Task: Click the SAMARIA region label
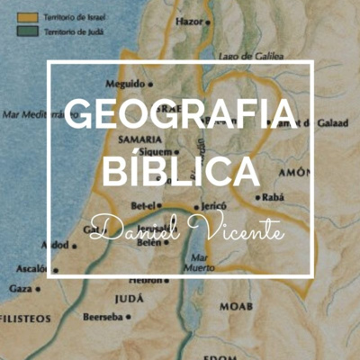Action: pos(139,139)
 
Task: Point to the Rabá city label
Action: pos(274,196)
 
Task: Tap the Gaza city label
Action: pos(21,288)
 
